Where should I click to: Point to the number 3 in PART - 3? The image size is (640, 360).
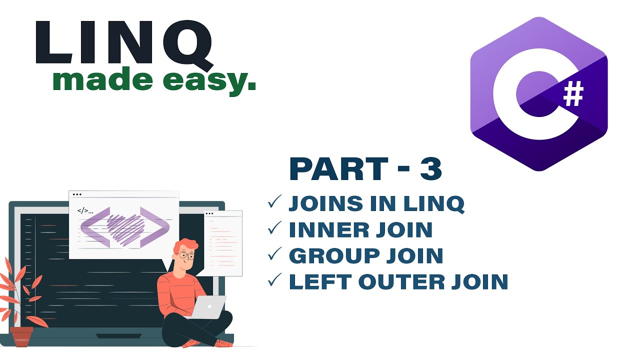(x=431, y=169)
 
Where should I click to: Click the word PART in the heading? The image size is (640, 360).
(x=338, y=169)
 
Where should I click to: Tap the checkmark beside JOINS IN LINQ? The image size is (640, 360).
(x=275, y=201)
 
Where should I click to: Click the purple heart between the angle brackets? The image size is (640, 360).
(x=125, y=227)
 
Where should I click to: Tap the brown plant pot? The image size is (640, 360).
(x=21, y=336)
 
